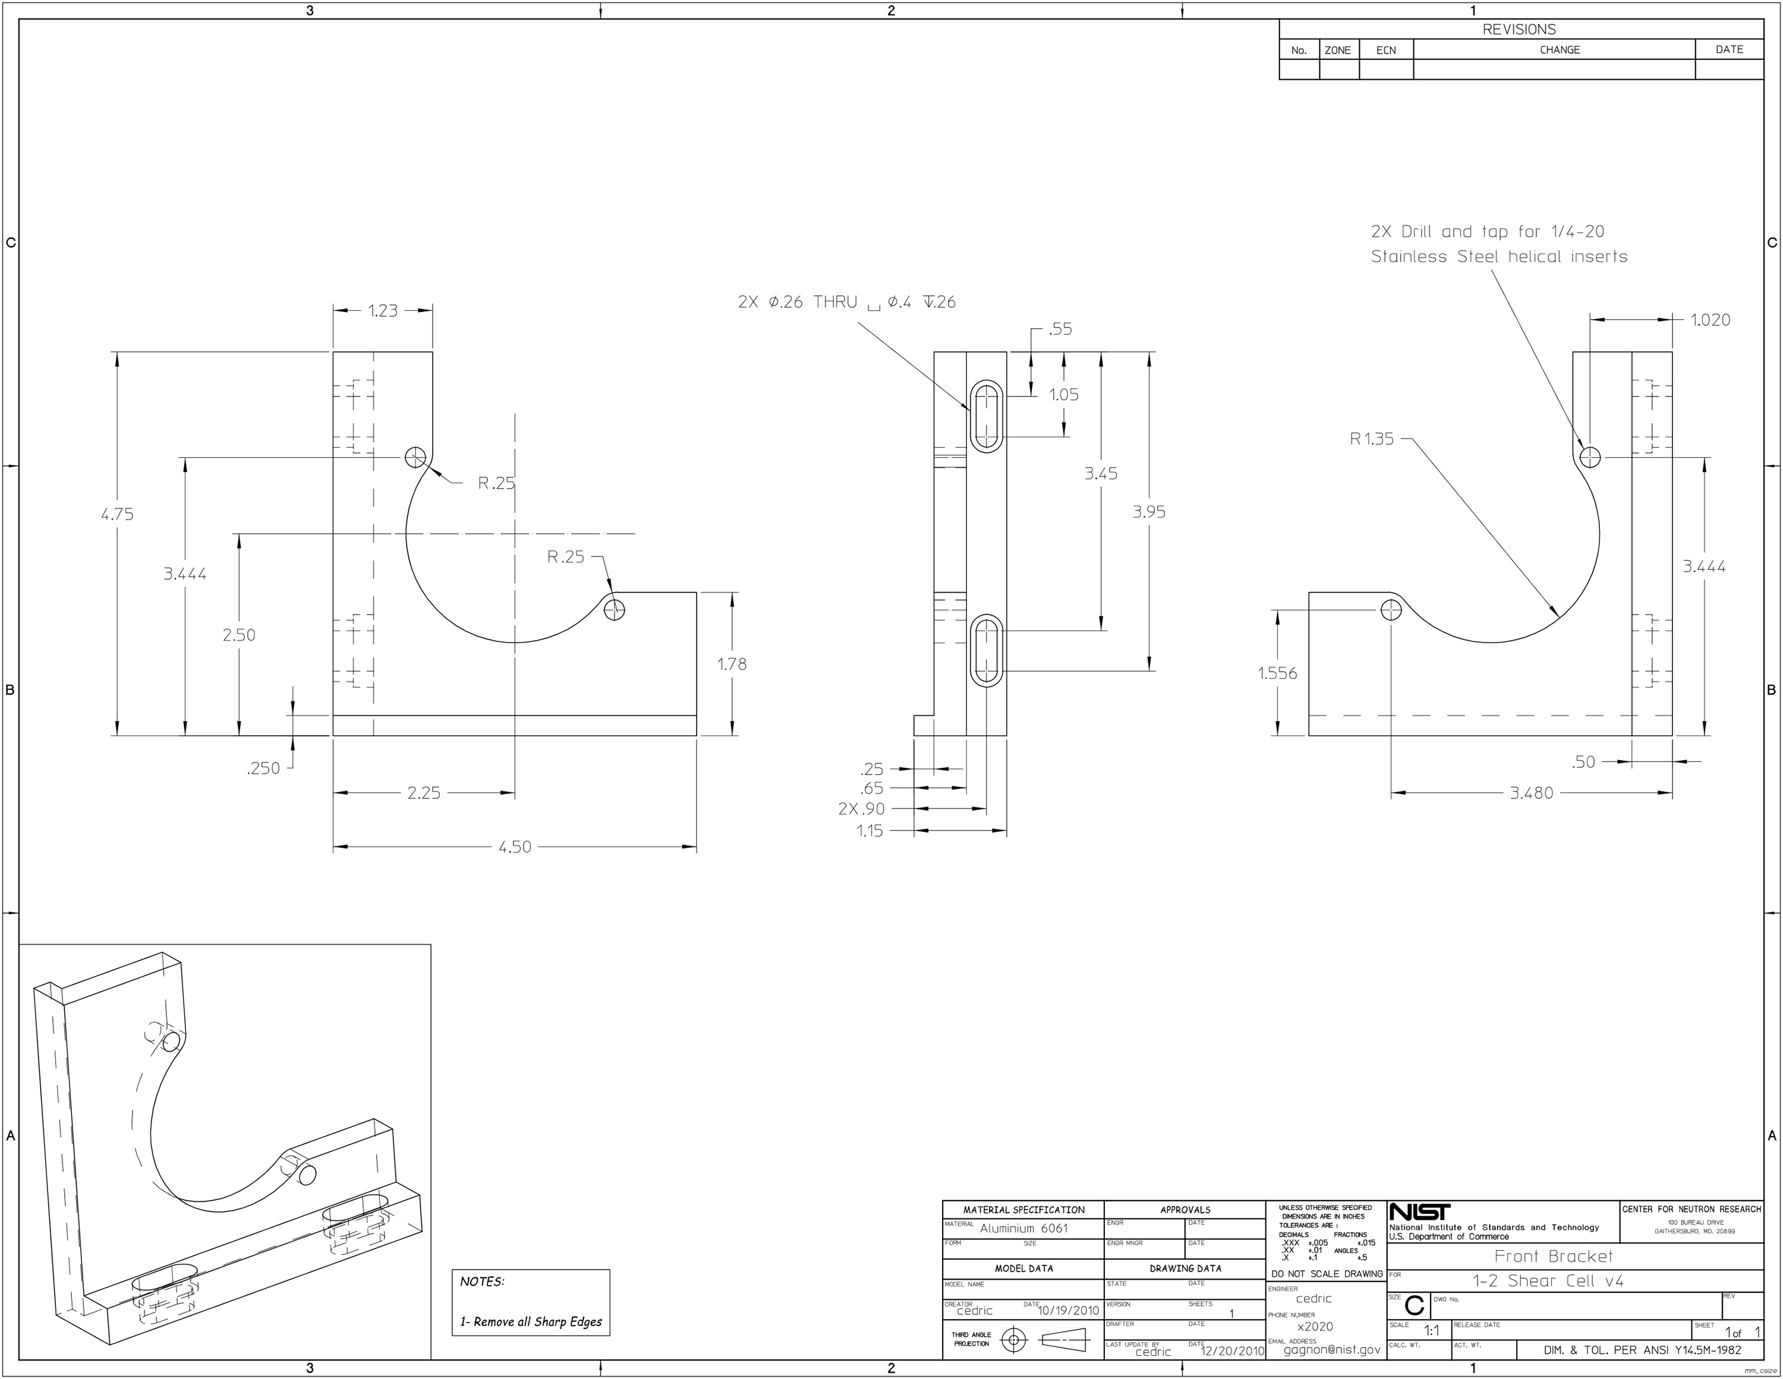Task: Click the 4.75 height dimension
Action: (116, 514)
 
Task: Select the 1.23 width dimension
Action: (382, 311)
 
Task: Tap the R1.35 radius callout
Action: (1372, 439)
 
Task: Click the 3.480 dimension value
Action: (1531, 793)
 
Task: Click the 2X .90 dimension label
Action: (861, 809)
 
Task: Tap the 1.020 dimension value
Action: (1709, 320)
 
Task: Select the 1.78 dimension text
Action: (732, 665)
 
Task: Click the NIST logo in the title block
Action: (1420, 1213)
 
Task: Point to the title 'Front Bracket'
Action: (1553, 1257)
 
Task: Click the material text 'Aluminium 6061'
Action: (1024, 1229)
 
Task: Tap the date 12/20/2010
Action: (1233, 1352)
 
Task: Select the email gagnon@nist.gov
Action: (1331, 1350)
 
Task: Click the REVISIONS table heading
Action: (1519, 29)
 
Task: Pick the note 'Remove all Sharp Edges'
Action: (531, 1322)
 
